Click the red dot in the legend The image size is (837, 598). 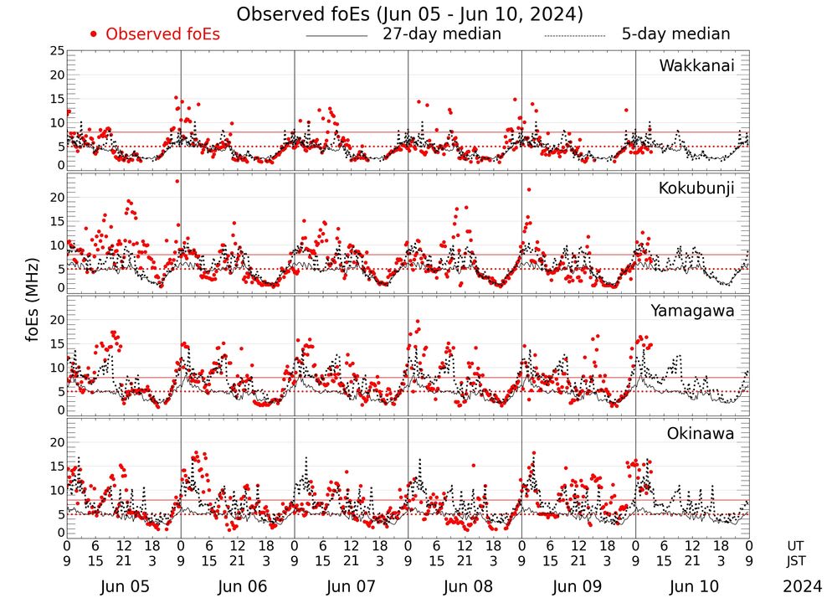(94, 34)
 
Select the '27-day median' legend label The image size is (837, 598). (442, 34)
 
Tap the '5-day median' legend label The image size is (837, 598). (675, 34)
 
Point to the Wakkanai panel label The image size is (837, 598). (696, 65)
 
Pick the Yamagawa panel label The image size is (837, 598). (693, 311)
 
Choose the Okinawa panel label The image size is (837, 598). (701, 433)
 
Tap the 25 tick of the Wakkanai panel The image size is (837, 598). (56, 52)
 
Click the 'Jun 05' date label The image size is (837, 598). (124, 587)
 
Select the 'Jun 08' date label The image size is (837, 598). (465, 587)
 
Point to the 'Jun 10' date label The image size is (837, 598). (692, 587)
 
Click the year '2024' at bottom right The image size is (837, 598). (803, 587)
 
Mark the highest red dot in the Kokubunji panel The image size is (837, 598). (177, 181)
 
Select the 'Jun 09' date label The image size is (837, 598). (578, 587)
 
